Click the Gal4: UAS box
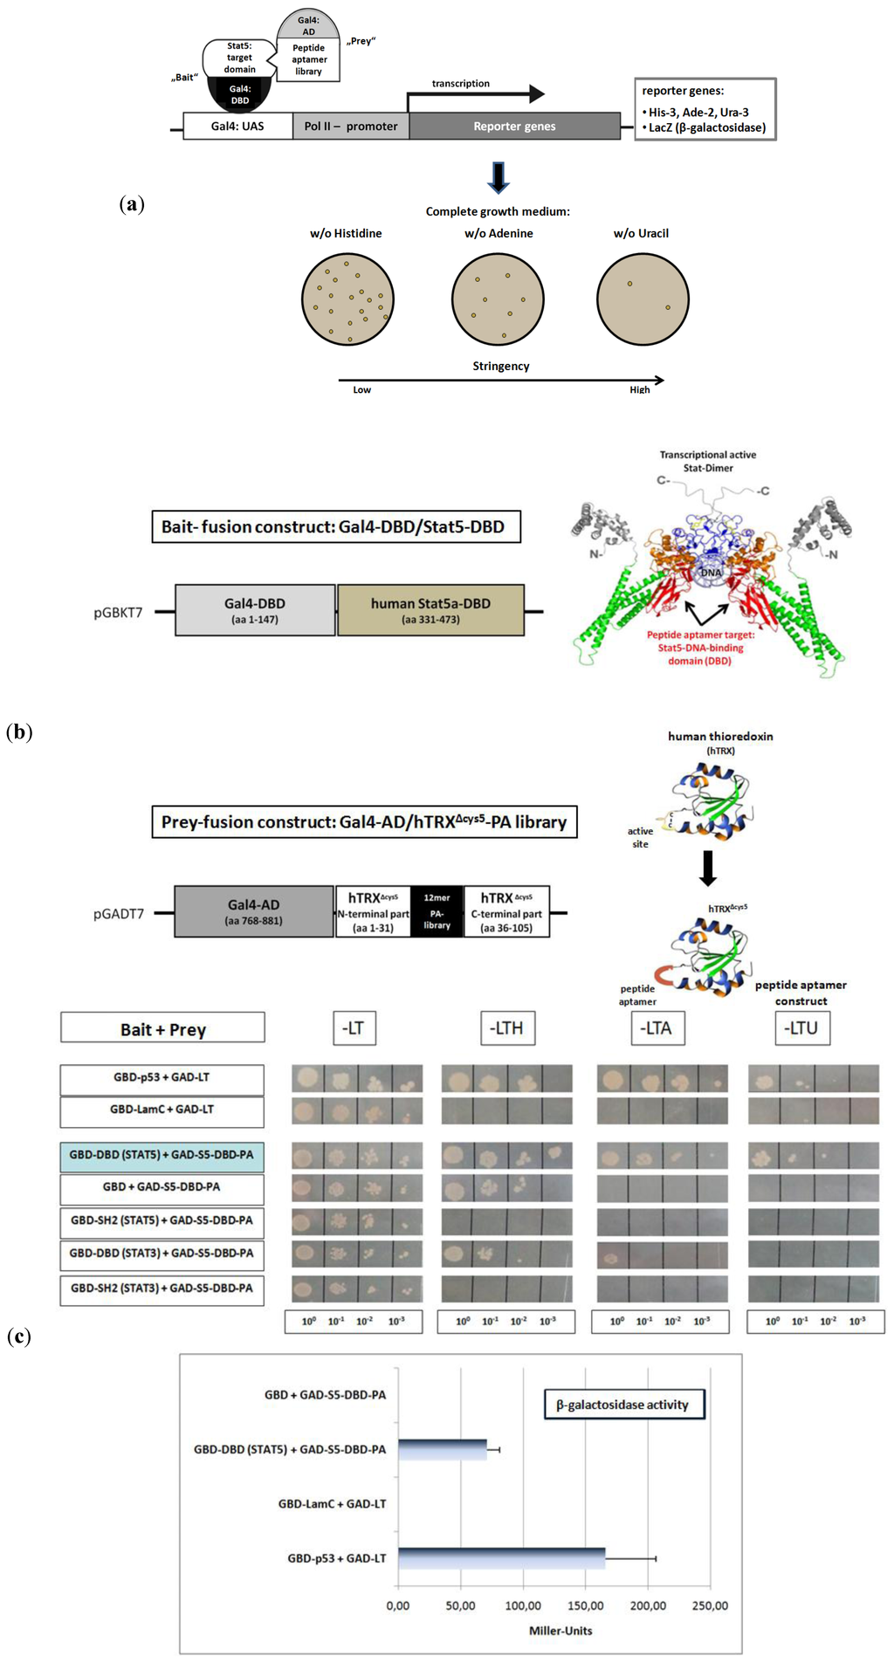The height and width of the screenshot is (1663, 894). click(237, 127)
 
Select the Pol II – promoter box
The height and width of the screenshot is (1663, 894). click(351, 127)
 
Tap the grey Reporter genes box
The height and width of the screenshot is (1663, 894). click(514, 127)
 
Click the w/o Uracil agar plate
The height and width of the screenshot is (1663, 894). click(643, 299)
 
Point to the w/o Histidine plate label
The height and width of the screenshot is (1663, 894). click(346, 233)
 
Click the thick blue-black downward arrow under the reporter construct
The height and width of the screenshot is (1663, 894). click(498, 177)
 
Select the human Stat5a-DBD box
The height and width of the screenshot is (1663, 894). click(430, 610)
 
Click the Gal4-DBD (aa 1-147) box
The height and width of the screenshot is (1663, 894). click(255, 610)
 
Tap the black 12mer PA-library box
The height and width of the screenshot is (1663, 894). click(437, 911)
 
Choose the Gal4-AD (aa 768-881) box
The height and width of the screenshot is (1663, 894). click(254, 911)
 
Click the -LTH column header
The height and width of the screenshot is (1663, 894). click(507, 1028)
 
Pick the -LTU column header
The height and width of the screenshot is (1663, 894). click(801, 1028)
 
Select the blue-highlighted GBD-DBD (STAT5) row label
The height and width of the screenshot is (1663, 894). click(162, 1155)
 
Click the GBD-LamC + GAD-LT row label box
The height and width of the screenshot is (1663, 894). click(162, 1110)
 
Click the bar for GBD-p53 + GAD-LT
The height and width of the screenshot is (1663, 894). click(501, 1558)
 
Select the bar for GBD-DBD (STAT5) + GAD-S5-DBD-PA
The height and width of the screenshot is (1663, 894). click(442, 1449)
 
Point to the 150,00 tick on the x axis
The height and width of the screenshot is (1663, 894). click(586, 1605)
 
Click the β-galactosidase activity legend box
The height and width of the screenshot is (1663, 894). click(623, 1405)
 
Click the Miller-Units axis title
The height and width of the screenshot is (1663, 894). click(560, 1631)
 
